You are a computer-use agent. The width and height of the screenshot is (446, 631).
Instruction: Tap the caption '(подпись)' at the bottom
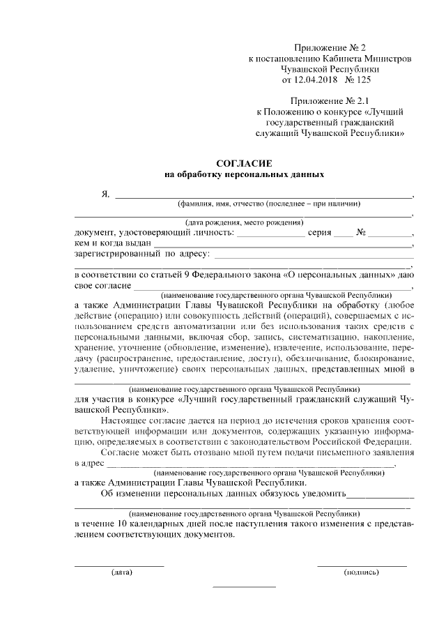362,572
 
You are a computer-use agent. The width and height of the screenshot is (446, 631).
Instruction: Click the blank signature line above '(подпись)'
362,565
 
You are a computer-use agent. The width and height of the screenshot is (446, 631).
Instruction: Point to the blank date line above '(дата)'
119,565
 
